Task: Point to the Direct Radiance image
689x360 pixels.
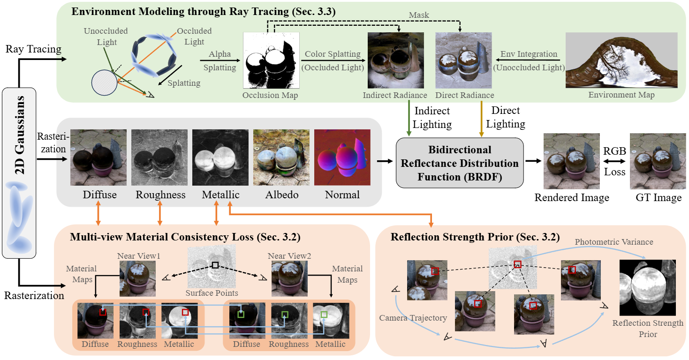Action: [x=464, y=60]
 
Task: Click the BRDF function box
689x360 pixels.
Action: [x=460, y=164]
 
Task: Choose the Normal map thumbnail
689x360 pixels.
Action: [x=342, y=157]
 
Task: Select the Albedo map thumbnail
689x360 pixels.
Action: [x=281, y=157]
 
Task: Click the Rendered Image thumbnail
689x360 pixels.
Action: [x=571, y=161]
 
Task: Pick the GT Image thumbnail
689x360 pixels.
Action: [x=655, y=161]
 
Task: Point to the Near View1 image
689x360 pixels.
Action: [x=137, y=278]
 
